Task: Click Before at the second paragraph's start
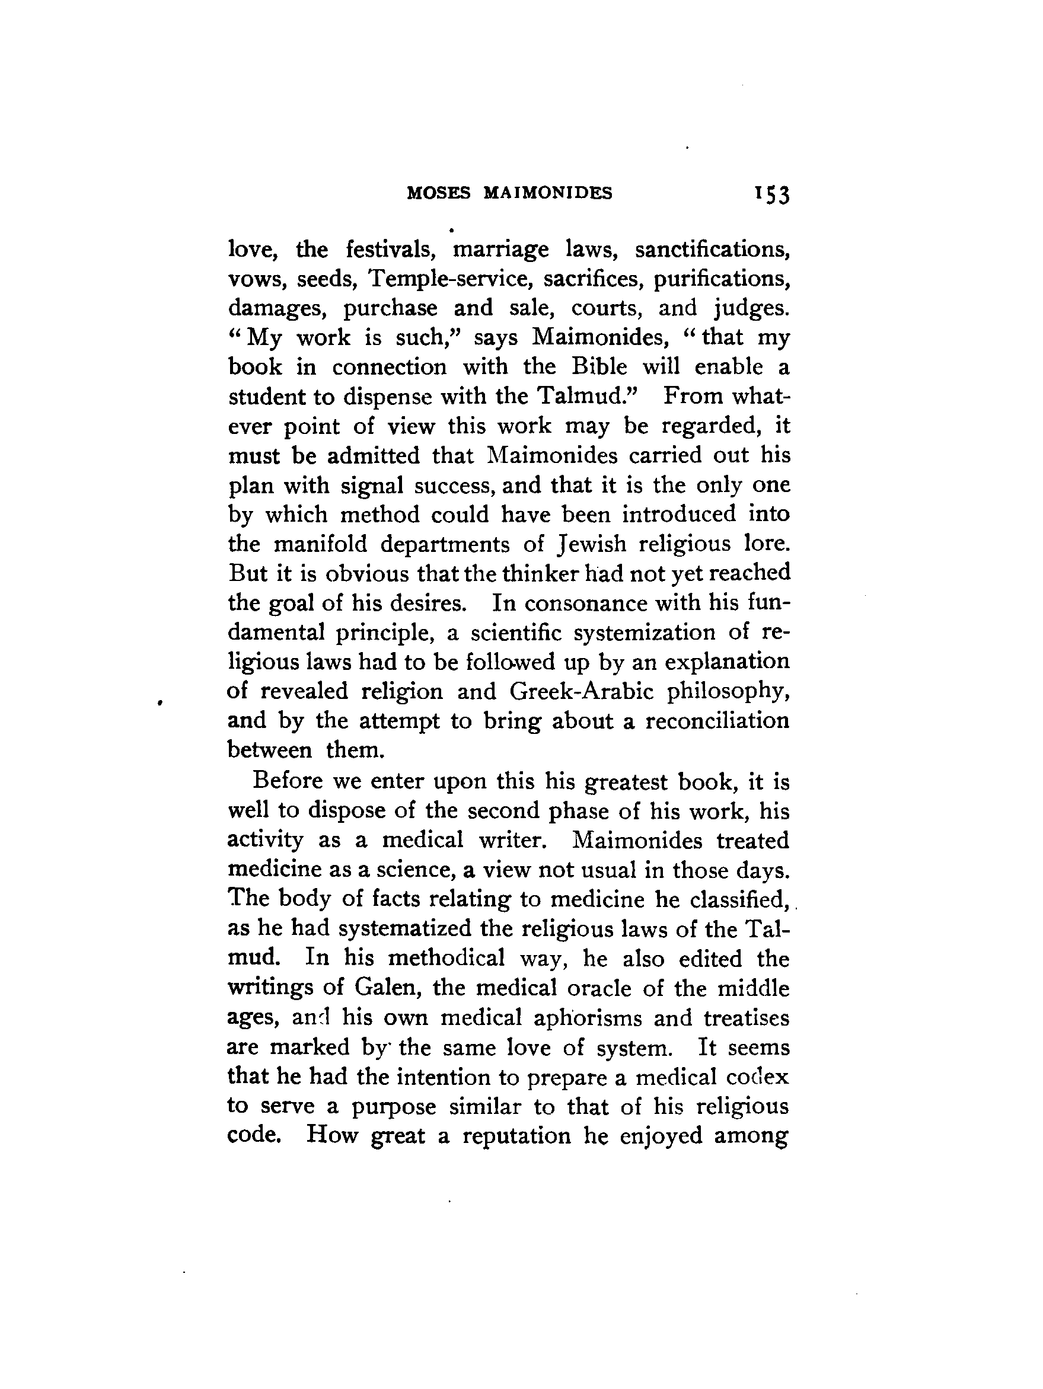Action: [x=286, y=781]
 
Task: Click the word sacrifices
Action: [x=592, y=279]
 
